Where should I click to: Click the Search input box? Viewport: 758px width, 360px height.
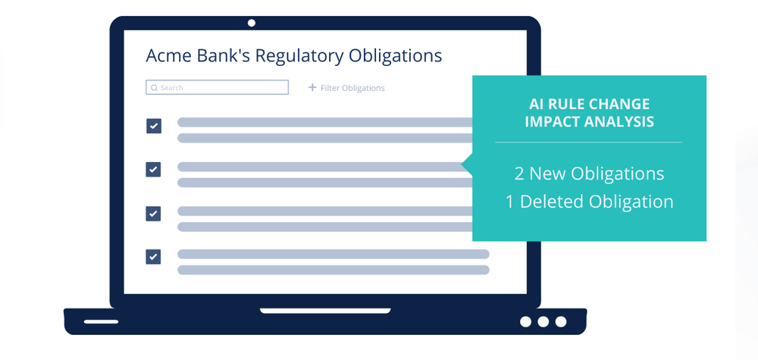click(217, 87)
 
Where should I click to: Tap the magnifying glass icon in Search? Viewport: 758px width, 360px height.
click(154, 88)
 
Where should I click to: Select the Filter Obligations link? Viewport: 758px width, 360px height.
click(352, 88)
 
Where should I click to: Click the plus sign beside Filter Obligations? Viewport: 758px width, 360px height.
click(312, 87)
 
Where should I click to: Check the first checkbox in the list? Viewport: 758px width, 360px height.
click(154, 126)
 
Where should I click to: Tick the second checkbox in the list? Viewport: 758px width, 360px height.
click(154, 170)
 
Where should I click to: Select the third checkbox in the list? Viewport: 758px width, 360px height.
click(154, 214)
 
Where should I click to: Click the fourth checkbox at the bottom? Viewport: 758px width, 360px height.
click(154, 257)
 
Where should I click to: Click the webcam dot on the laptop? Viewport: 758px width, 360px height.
click(252, 23)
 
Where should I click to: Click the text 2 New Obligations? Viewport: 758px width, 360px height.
click(589, 174)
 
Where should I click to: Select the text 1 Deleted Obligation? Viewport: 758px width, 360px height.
click(589, 202)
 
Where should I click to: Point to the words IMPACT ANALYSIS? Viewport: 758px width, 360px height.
click(589, 122)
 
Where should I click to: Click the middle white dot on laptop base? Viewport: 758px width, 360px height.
click(543, 322)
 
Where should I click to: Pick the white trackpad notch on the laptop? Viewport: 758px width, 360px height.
click(325, 311)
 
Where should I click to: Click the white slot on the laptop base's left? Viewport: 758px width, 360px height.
click(101, 321)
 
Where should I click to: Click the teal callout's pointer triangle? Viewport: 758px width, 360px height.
click(467, 164)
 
